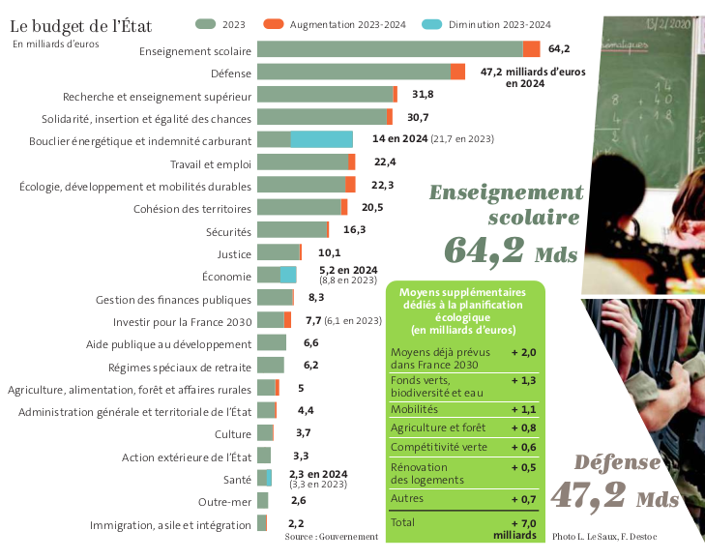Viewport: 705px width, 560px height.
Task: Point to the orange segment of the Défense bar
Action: [x=457, y=72]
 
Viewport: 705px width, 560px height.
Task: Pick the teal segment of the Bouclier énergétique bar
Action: [x=321, y=139]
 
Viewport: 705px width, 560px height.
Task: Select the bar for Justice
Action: [x=279, y=253]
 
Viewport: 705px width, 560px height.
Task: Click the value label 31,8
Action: [x=423, y=94]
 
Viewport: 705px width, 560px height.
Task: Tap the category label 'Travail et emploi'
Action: [x=210, y=162]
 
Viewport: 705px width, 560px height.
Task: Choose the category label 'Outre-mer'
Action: [x=224, y=501]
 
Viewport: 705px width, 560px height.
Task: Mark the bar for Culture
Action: [x=265, y=433]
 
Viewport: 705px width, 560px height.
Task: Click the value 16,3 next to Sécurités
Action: [x=355, y=230]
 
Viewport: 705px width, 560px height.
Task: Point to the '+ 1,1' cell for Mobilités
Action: [x=522, y=409]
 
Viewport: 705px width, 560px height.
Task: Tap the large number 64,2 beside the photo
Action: [x=485, y=251]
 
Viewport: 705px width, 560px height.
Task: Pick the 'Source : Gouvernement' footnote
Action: [x=331, y=536]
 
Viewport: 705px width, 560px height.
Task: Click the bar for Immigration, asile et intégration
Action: [x=262, y=523]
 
